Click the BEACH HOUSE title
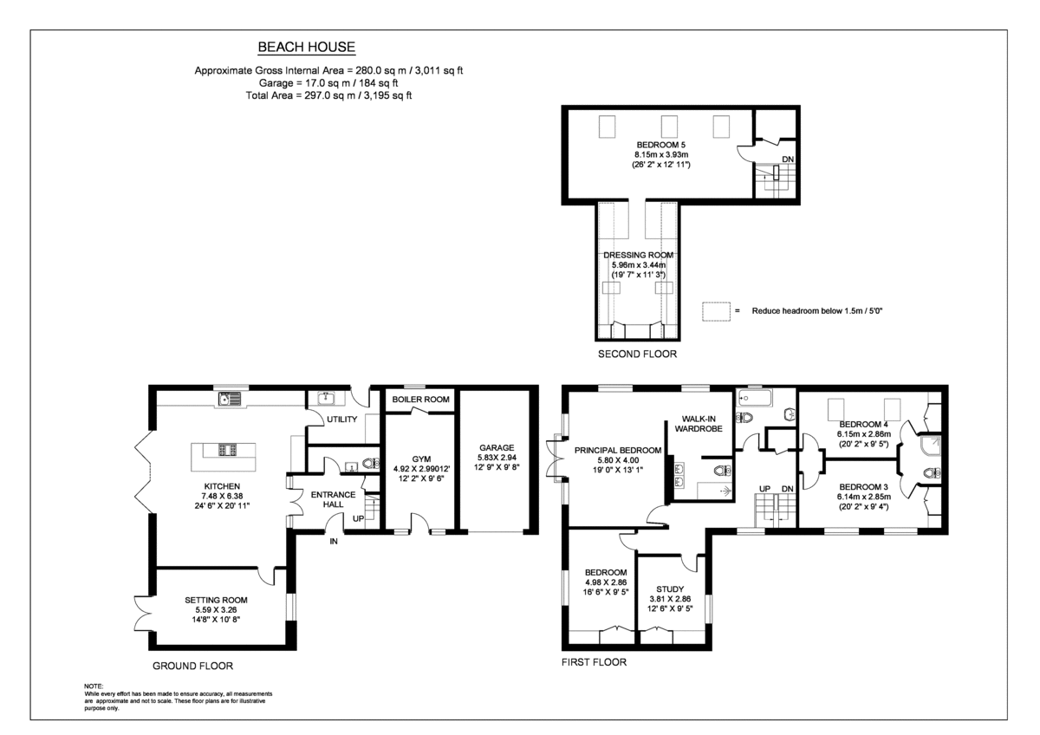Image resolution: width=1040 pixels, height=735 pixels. coord(307,48)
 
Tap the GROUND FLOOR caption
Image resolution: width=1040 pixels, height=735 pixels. coord(192,666)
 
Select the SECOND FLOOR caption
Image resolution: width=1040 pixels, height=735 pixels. coord(637,354)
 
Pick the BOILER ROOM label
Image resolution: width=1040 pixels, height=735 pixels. coord(420,400)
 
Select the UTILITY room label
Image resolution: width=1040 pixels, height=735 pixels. coord(341,420)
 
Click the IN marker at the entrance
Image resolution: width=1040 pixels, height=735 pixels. coord(333,542)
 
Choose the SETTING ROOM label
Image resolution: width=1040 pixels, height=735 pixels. coord(216,599)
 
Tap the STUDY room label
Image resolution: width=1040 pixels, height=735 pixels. coord(670,589)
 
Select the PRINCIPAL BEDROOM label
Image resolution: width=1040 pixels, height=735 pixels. coord(618,450)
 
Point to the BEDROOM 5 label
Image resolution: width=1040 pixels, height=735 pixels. coord(661,145)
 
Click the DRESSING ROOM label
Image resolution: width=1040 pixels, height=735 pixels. coord(639,255)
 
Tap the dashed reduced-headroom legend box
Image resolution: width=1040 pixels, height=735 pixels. coord(715,310)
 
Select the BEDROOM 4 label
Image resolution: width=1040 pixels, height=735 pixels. coord(863,424)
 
